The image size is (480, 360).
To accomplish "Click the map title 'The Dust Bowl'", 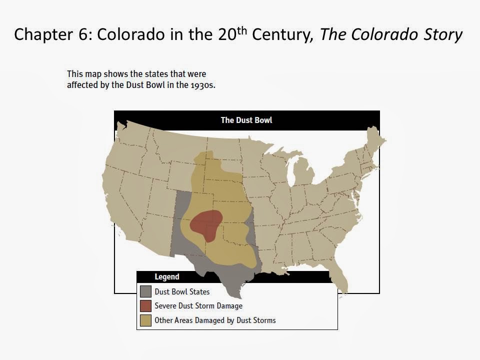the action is (246, 120).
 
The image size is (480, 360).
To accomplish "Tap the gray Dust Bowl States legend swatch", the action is (145, 291).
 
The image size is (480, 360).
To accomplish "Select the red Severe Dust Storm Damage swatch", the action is (145, 305).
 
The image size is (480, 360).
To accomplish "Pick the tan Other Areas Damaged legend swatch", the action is (145, 320).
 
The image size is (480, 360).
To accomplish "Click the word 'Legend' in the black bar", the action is (166, 276).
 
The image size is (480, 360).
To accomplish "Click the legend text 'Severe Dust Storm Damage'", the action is (198, 305).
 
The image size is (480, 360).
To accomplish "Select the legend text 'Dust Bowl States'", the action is (182, 291).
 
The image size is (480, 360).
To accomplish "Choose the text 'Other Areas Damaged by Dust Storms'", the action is (215, 320).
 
